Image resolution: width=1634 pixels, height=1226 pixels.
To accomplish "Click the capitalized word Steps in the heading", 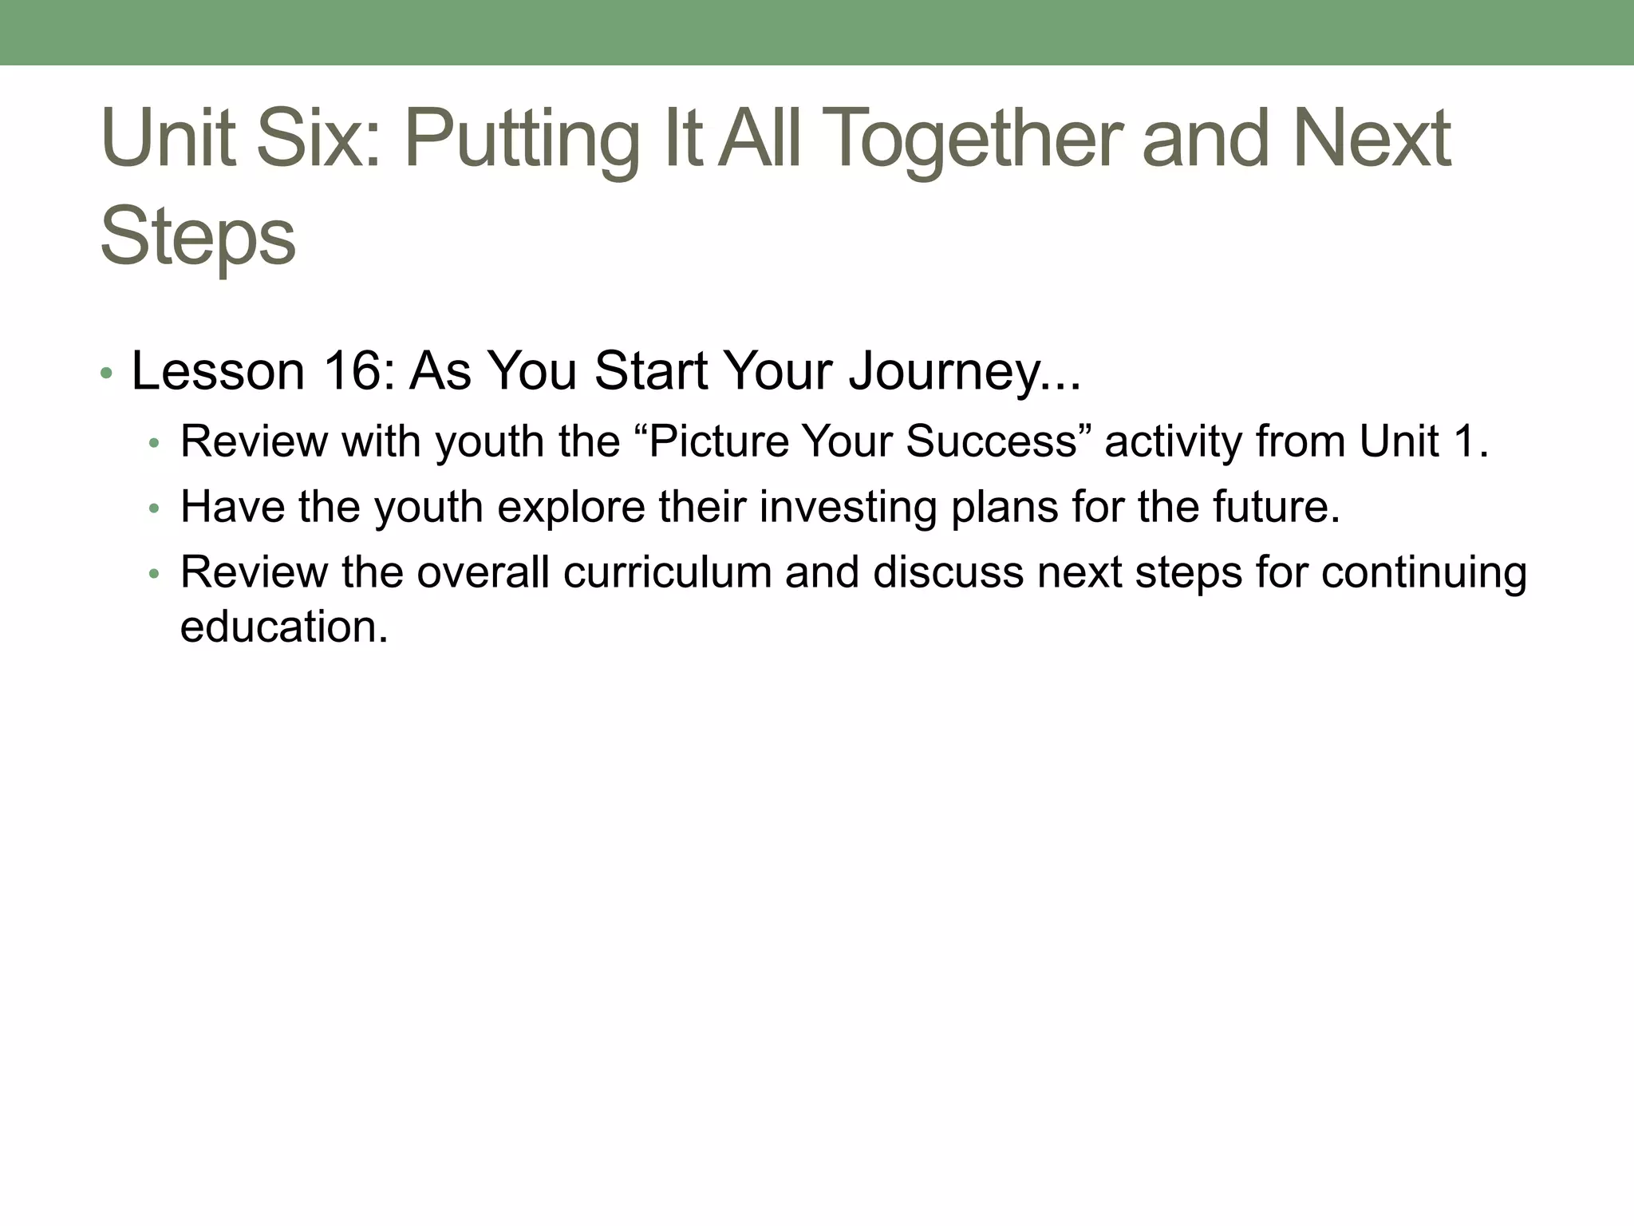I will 198,236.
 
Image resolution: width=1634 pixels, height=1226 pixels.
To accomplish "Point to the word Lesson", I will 218,371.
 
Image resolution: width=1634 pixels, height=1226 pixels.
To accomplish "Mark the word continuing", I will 1423,572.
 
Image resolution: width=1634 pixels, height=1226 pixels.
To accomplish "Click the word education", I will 283,627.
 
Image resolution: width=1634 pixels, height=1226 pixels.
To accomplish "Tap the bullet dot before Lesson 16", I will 107,374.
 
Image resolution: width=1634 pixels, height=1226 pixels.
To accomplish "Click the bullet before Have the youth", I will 155,508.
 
